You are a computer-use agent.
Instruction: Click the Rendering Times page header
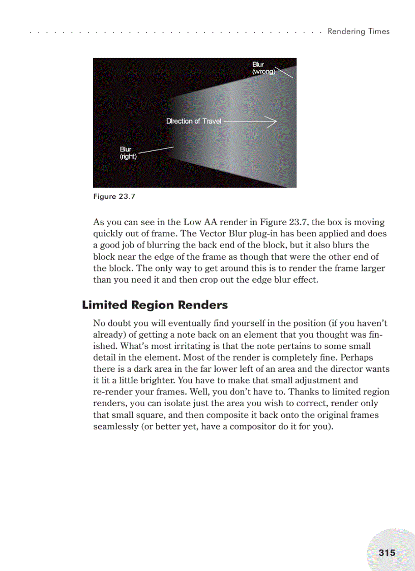pos(358,32)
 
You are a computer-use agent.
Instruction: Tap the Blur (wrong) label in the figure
pos(263,68)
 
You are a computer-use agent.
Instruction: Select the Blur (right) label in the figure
pos(128,153)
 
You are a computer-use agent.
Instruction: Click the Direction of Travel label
pos(194,121)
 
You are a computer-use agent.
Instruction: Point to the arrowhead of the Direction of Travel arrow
pos(274,122)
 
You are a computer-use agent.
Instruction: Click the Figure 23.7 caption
pos(114,196)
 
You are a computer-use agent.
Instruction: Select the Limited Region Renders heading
pos(155,305)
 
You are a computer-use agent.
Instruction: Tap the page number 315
pos(387,552)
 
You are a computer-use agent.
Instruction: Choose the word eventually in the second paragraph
pos(175,323)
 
